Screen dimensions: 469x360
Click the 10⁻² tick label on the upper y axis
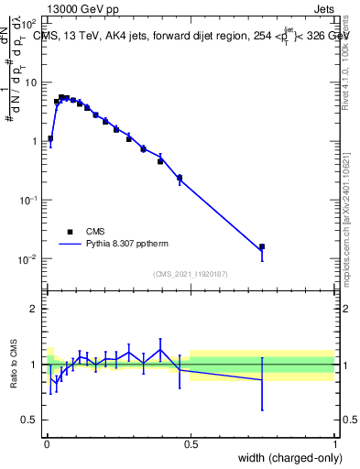point(27,259)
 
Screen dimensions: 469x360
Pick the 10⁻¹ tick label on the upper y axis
point(27,200)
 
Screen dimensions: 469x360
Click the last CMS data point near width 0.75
point(262,246)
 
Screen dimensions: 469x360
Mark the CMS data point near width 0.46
point(179,178)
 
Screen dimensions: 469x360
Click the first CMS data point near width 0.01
point(49,139)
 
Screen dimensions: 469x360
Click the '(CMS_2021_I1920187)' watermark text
point(190,273)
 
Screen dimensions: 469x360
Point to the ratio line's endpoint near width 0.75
point(262,379)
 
